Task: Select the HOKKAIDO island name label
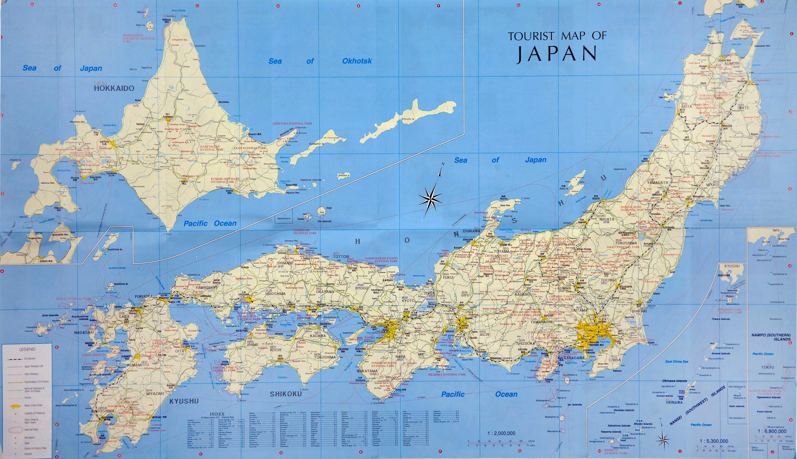114,88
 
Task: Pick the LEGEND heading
27,349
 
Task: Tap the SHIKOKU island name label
286,394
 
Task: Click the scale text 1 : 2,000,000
501,433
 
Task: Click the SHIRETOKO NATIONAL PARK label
292,124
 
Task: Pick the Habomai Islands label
310,180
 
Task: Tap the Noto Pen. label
505,205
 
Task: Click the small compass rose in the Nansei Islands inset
663,439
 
